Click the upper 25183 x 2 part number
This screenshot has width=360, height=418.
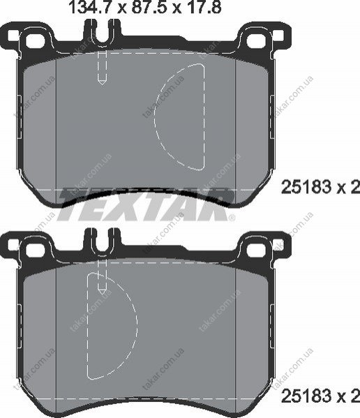point(320,187)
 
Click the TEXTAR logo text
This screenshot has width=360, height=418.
point(145,204)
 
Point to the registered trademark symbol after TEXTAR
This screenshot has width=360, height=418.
point(232,218)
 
